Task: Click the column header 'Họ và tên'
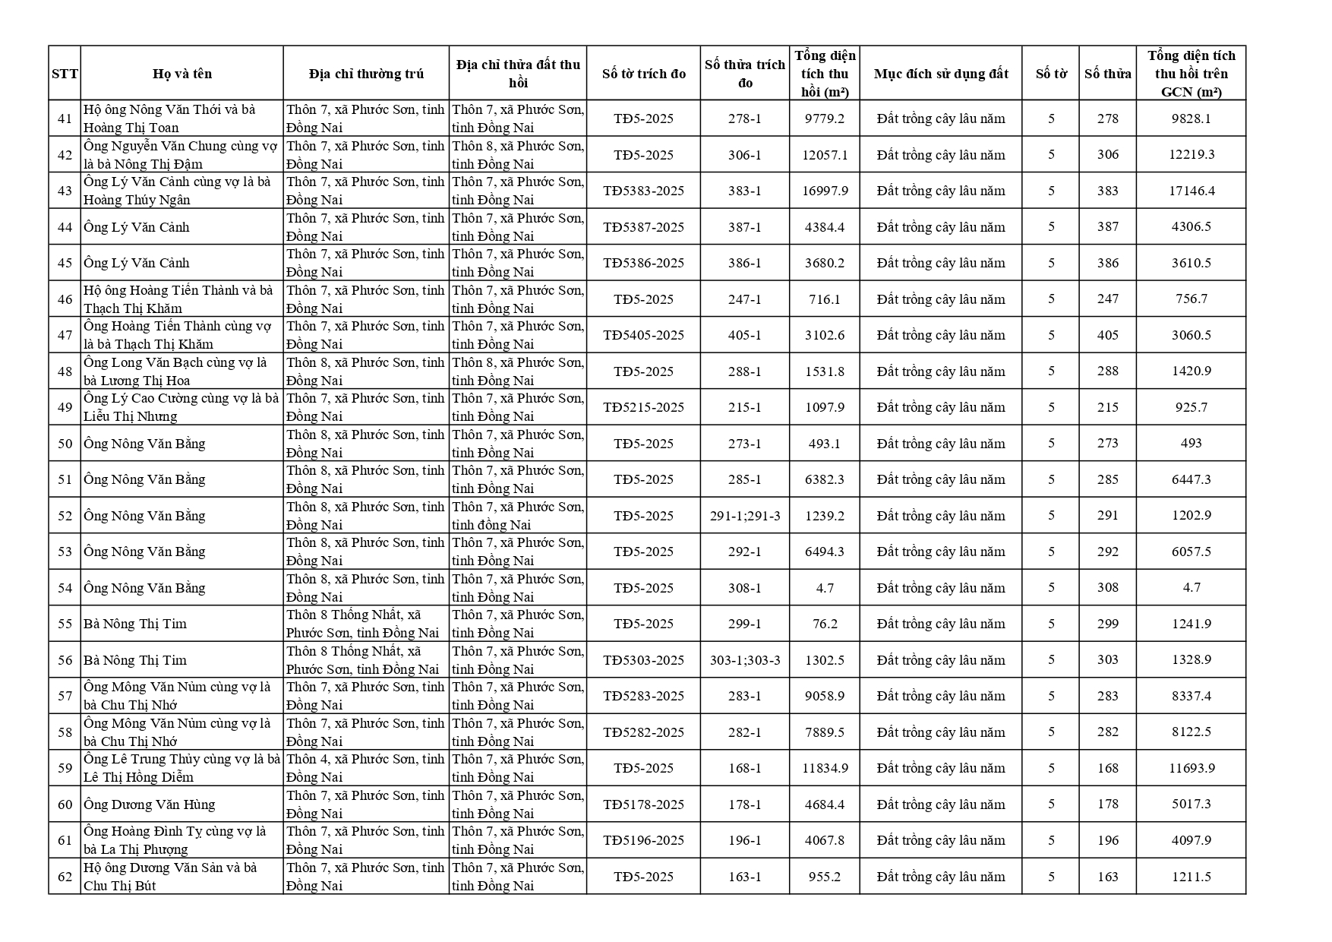coord(181,74)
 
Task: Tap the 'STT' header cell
coord(65,74)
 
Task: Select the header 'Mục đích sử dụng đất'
coord(940,74)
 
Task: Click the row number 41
coord(65,119)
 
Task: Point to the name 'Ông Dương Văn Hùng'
coord(150,804)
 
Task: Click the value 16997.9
coord(825,191)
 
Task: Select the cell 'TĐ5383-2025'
coord(643,191)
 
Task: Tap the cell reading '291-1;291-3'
coord(744,516)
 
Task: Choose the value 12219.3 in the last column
coord(1191,154)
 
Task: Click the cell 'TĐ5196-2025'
coord(643,840)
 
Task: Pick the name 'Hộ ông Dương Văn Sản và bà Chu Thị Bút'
coord(170,877)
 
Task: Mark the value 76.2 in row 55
coord(825,624)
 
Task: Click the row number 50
coord(65,444)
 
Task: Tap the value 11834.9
coord(825,768)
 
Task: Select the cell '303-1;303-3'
coord(744,660)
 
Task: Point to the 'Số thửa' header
coord(1107,74)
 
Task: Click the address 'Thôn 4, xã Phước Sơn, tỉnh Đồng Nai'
coord(365,768)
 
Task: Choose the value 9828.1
coord(1191,119)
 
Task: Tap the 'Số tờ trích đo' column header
coord(643,74)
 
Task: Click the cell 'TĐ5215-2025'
coord(643,407)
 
